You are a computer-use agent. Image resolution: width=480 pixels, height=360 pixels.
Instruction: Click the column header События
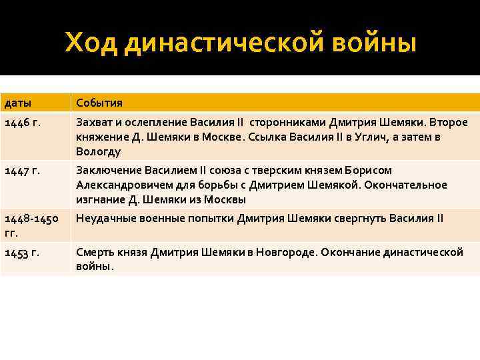tap(99, 103)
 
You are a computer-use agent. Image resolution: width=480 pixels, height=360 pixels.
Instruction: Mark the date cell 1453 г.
tap(22, 253)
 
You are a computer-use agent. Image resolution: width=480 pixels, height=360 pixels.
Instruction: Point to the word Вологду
tap(98, 151)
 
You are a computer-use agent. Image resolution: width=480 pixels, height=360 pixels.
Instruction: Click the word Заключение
tap(108, 170)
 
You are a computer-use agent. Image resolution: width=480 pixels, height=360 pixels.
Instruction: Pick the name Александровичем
tap(121, 185)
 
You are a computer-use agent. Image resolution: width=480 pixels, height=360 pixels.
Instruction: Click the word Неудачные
tap(106, 218)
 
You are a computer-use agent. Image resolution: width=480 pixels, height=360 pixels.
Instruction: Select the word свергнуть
tap(359, 218)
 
